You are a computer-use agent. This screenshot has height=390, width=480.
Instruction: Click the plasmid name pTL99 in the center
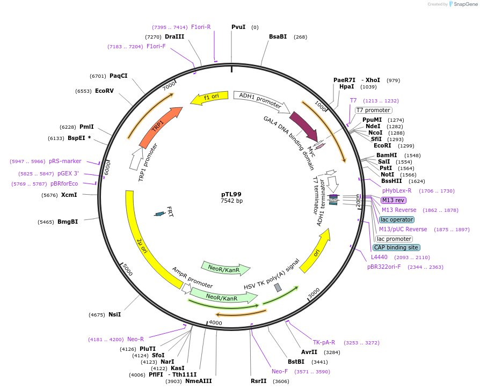(231, 194)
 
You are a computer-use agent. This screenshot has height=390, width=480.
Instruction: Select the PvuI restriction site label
(238, 27)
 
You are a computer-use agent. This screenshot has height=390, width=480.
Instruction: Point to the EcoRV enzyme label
(104, 91)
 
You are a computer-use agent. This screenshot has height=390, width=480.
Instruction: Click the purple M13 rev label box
(394, 200)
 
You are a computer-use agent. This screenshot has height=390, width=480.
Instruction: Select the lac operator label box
(397, 219)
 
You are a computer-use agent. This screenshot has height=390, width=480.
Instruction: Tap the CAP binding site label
(397, 247)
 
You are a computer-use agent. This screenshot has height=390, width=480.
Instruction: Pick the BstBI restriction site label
(296, 362)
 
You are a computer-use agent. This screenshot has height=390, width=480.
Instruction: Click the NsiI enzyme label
(114, 314)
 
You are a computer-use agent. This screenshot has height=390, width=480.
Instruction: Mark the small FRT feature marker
(159, 214)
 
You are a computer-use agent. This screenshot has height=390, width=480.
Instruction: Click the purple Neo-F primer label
(280, 371)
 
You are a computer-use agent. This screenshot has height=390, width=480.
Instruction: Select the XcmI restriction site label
(69, 195)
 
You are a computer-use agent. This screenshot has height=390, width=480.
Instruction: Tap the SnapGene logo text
(465, 4)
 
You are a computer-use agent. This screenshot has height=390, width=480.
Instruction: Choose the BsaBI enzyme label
(278, 37)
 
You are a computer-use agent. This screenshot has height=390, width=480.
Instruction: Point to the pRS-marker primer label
(65, 161)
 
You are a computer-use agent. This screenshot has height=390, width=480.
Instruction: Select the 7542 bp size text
(231, 201)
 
